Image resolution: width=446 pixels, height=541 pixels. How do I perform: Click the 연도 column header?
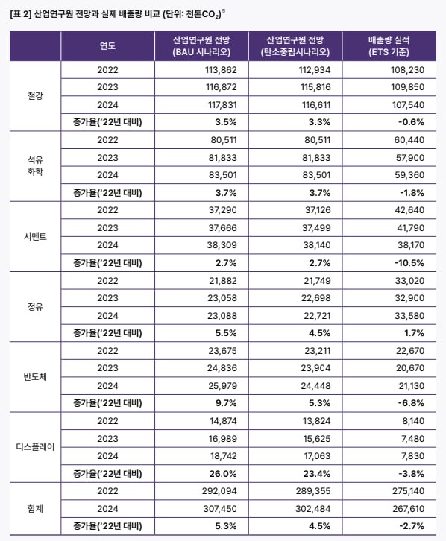(x=107, y=45)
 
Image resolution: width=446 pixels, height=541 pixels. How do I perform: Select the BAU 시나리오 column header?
(x=200, y=45)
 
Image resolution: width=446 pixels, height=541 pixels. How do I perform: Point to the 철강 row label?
(x=34, y=96)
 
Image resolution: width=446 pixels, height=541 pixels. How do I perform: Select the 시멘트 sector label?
(x=34, y=236)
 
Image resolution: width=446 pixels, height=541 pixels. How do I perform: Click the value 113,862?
(x=200, y=70)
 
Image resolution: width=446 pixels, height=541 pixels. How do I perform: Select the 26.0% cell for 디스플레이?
(x=200, y=472)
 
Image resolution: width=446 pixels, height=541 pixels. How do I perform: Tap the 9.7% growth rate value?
(x=200, y=402)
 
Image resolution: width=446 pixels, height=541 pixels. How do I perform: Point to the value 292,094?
(x=200, y=490)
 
